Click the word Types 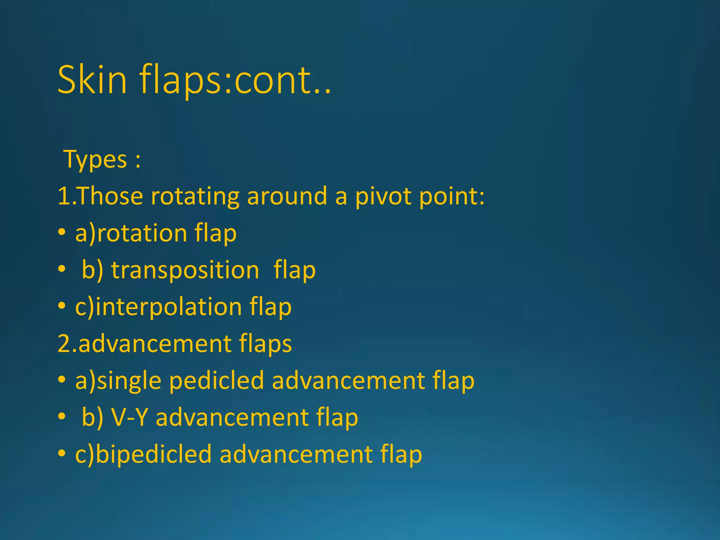95,160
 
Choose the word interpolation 168,307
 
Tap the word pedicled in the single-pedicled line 216,381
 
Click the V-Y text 129,418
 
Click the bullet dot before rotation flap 62,232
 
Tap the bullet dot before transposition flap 62,269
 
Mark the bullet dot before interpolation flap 62,306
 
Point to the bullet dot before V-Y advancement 62,417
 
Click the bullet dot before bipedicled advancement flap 62,454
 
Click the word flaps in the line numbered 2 265,344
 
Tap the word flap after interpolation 271,307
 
